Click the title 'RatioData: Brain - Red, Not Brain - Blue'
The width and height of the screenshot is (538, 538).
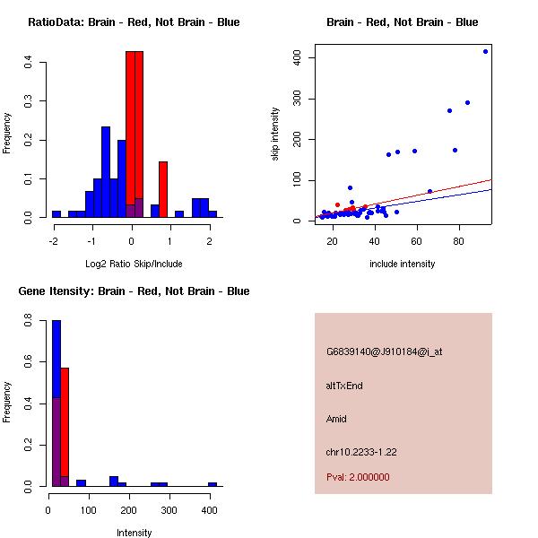point(134,22)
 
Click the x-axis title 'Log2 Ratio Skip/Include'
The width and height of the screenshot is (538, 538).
point(134,264)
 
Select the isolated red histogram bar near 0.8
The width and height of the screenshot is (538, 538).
point(163,189)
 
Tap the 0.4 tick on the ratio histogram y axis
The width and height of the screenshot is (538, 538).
point(30,62)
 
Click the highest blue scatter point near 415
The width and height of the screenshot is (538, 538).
point(486,51)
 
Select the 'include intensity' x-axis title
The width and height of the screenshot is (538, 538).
point(403,264)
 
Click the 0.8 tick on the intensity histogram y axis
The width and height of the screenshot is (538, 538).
point(30,320)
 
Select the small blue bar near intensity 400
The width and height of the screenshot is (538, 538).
point(213,484)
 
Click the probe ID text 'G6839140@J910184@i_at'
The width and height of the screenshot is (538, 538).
point(384,351)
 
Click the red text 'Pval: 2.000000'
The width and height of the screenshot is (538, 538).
point(358,477)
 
